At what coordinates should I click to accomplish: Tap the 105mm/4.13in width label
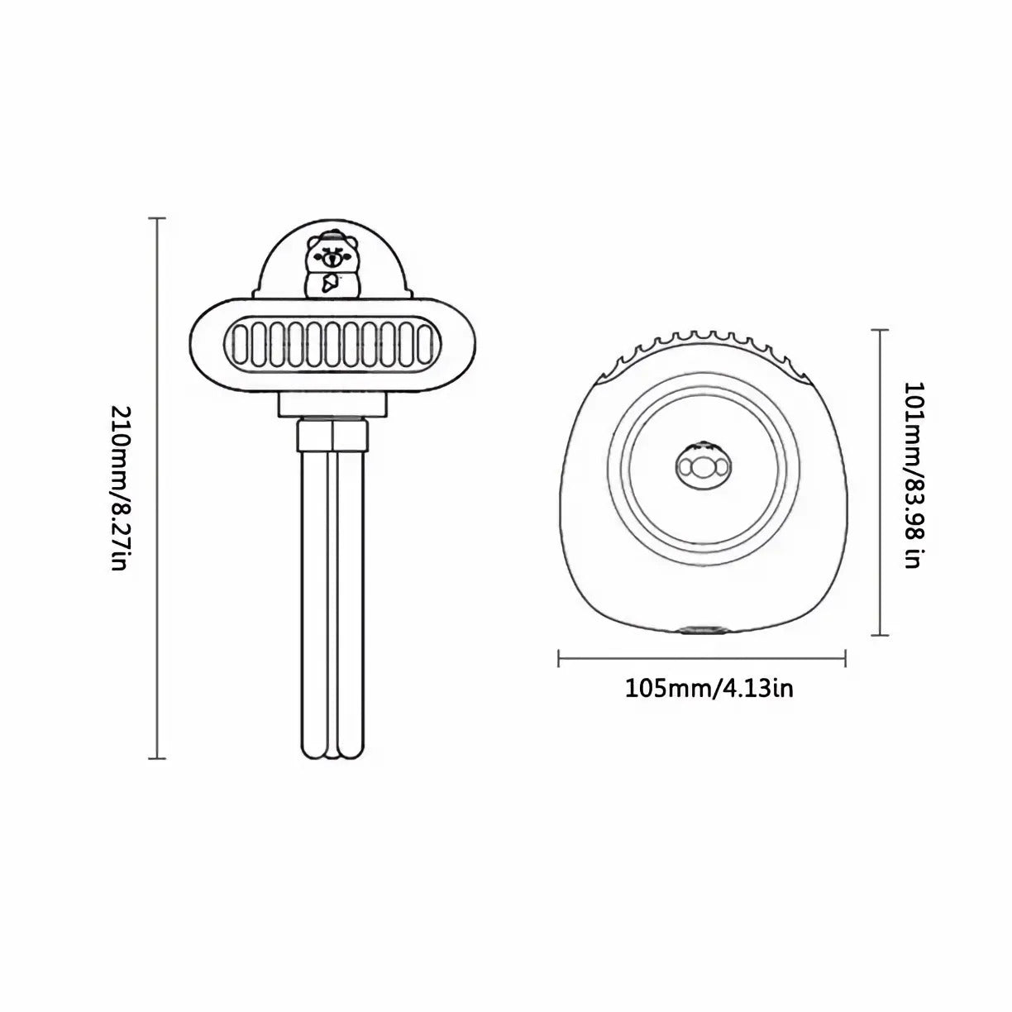coord(709,689)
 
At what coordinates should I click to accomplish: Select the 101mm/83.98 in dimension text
coord(914,475)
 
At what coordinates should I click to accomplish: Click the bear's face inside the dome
coord(331,255)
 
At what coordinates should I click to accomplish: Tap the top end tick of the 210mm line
coord(157,217)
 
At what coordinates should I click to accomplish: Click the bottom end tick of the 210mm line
coord(157,758)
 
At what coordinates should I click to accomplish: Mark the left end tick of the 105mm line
coord(559,657)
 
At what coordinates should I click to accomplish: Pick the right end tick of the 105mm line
coord(845,657)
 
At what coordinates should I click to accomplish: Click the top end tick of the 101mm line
coord(881,330)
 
